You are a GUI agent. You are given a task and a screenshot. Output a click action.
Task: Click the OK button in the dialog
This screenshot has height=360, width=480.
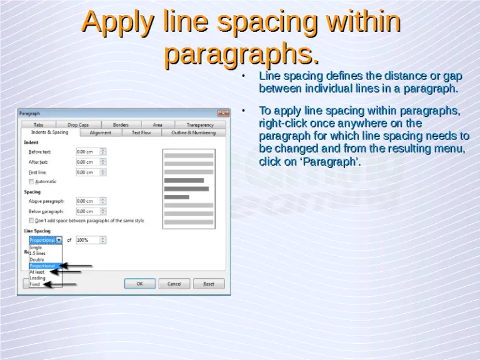[139, 283]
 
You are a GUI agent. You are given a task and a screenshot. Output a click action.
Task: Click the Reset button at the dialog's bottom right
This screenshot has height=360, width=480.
[208, 283]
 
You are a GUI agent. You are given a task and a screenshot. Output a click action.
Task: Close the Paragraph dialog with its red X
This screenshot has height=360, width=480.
[223, 114]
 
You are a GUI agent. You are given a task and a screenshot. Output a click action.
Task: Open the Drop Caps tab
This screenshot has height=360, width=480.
[78, 125]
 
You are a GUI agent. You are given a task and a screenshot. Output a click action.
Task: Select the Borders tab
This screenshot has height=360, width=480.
[121, 125]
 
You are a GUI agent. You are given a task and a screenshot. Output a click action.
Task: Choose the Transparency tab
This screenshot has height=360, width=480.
[200, 125]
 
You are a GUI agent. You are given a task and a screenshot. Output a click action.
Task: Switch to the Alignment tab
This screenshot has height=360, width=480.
[101, 132]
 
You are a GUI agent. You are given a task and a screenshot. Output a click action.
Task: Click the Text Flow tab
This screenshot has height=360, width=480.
[141, 132]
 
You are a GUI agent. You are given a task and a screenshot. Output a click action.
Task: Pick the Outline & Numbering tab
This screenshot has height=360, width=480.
[193, 132]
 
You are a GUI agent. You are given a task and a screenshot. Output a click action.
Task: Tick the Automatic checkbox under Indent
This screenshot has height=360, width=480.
[32, 181]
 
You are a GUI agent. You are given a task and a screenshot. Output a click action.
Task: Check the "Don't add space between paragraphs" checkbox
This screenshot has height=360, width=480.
[32, 221]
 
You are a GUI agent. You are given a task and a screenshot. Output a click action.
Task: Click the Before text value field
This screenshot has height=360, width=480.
[87, 152]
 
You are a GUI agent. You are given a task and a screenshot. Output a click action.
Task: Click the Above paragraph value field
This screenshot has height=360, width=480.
[87, 201]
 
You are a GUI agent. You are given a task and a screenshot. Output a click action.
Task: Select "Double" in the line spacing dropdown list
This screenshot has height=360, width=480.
[37, 259]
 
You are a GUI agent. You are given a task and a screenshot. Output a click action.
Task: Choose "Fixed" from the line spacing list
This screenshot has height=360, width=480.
[35, 284]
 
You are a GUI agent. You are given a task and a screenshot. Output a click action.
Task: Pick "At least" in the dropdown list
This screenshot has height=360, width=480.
[37, 272]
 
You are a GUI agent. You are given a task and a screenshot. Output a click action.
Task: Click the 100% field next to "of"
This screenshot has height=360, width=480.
[87, 240]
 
